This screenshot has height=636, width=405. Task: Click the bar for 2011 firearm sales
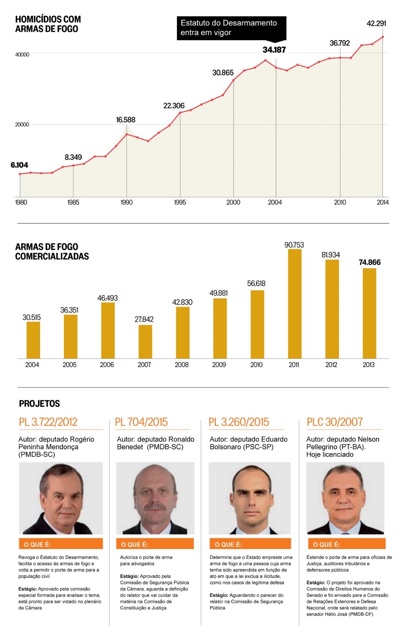[295, 304]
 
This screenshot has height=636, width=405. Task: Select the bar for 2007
[145, 342]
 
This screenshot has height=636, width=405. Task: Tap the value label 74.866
[369, 262]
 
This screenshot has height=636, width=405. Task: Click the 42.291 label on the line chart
[376, 23]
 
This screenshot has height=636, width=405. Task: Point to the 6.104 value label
[20, 165]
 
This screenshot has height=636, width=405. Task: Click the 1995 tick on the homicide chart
[180, 202]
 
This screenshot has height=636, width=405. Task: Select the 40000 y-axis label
[22, 54]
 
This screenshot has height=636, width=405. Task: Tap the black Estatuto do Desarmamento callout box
[231, 28]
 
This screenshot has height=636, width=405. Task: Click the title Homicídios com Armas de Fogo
[48, 24]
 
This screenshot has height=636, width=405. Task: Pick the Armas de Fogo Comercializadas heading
[52, 252]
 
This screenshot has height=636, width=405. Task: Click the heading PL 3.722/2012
[48, 422]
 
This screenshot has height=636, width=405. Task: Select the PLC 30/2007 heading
[335, 422]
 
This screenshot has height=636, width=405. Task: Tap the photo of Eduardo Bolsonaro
[250, 498]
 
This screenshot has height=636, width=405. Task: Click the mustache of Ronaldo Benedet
[155, 508]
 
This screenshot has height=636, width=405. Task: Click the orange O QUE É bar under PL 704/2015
[155, 544]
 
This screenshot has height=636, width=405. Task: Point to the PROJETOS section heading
[39, 403]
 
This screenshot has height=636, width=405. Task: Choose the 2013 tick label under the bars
[369, 364]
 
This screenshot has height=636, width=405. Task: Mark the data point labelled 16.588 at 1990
[127, 134]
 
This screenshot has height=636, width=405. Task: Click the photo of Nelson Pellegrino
[345, 498]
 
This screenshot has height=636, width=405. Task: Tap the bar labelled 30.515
[33, 340]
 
